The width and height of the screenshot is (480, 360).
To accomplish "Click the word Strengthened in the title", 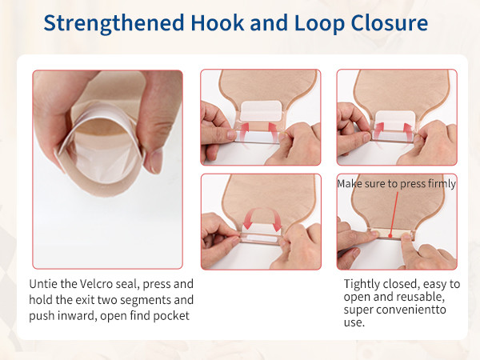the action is (114, 23).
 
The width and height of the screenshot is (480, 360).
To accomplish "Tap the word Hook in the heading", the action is (218, 22).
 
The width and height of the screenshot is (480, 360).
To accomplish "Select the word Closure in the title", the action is (389, 22).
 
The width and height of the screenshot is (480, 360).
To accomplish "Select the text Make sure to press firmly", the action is (397, 184).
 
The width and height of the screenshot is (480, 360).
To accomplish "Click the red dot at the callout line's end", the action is (390, 236).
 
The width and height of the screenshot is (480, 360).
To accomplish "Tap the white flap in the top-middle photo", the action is (261, 111).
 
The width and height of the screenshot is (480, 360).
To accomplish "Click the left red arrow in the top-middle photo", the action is (243, 132).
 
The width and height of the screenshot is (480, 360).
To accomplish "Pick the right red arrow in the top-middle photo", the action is (274, 132).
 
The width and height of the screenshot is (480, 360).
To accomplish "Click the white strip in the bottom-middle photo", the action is (260, 238).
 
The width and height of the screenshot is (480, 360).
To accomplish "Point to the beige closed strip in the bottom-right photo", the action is (390, 235).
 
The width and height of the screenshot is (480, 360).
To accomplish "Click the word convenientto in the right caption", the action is (410, 310).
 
